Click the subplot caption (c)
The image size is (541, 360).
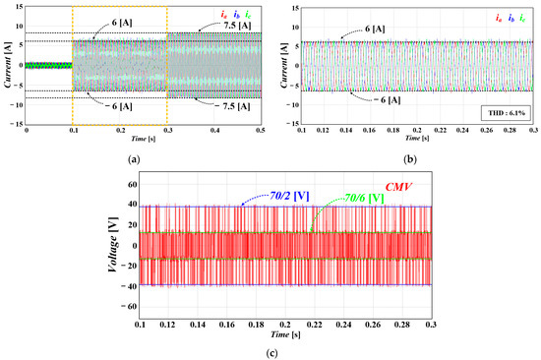(x=270, y=353)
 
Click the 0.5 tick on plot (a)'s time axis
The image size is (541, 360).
(x=260, y=130)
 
